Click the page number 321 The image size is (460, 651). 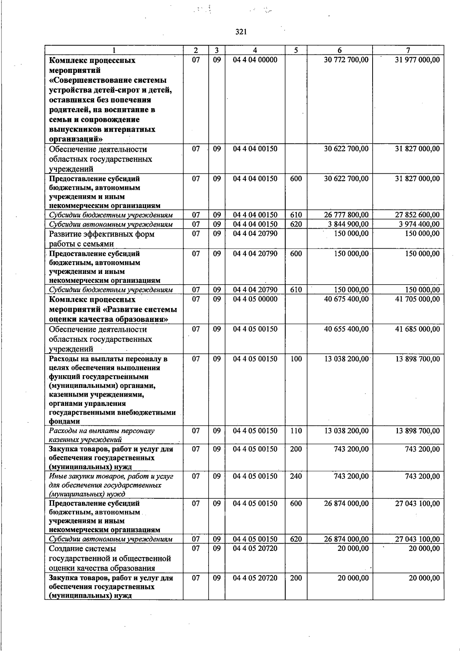[241, 32]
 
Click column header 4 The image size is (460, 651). [255, 50]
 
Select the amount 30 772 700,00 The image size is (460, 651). [346, 60]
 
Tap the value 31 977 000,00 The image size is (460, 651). [417, 60]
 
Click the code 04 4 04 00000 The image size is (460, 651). [255, 60]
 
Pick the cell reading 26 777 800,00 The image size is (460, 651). [346, 215]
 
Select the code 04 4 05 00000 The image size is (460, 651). [255, 299]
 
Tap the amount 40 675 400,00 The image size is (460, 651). [346, 299]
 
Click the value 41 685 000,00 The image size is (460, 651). [417, 329]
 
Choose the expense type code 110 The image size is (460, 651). [296, 431]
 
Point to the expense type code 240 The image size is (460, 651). [296, 476]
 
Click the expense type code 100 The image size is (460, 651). [296, 359]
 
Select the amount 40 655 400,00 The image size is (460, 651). [346, 329]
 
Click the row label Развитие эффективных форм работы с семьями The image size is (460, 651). [102, 239]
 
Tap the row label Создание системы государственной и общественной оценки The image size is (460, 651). [110, 558]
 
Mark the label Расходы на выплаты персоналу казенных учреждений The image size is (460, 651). [102, 435]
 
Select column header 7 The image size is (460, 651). [408, 50]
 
